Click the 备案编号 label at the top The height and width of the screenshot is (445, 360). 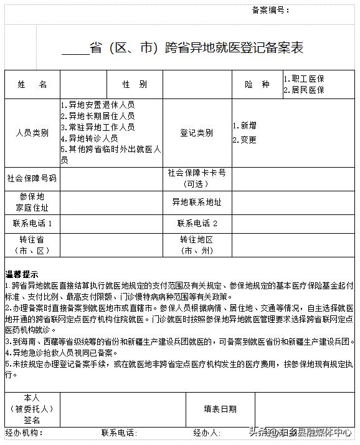pos(271,10)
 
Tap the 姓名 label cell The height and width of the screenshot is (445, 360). pos(32,85)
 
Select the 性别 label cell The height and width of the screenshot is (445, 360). pos(135,85)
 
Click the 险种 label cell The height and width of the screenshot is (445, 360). pos(257,85)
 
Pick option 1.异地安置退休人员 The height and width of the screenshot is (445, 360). pos(98,105)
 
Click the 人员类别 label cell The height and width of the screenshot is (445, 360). pos(32,133)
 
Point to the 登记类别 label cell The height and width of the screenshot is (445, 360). pos(197,133)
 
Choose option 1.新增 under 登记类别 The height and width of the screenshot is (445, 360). pos(245,125)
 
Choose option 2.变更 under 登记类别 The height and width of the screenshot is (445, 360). pos(245,140)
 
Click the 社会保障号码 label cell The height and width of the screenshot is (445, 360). pos(32,178)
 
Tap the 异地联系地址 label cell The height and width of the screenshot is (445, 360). pos(197,203)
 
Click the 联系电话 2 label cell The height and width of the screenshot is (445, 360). pos(197,223)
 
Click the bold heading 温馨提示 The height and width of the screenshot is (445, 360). pos(22,275)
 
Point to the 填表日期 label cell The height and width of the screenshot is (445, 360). pos(220,409)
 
